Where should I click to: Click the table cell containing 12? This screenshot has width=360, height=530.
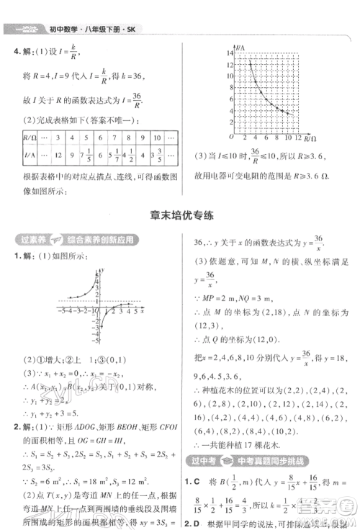point(60,154)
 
